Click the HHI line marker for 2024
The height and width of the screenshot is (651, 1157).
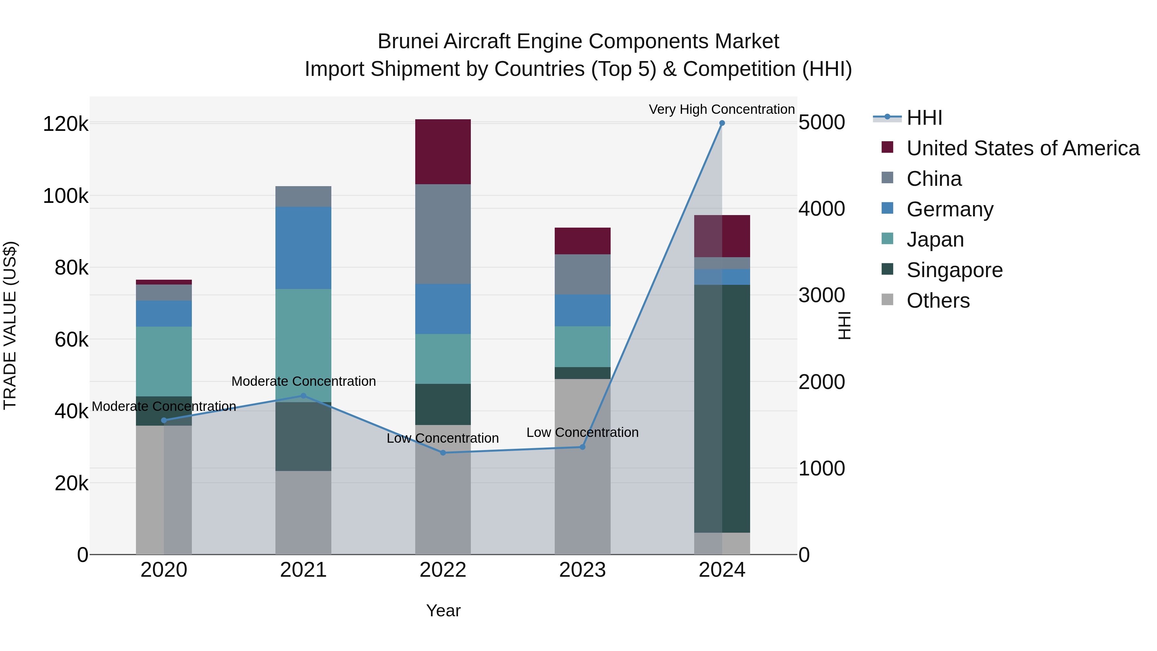tap(722, 123)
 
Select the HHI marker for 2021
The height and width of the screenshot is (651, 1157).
tap(303, 396)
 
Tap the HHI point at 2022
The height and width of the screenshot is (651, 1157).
tap(443, 453)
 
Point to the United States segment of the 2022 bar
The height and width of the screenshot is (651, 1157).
tap(443, 152)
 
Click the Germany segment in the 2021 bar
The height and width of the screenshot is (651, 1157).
tap(303, 248)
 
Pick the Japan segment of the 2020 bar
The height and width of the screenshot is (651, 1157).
tap(164, 361)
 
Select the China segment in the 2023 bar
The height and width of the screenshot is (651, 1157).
tap(583, 275)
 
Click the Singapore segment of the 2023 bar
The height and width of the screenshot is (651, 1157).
tap(583, 373)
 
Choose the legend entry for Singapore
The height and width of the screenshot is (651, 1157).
tap(955, 270)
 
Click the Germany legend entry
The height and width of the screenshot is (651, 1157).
tap(950, 209)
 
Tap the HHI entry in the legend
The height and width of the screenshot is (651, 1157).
tap(924, 118)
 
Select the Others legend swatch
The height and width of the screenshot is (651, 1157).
tap(887, 300)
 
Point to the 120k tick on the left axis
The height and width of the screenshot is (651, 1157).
tap(66, 124)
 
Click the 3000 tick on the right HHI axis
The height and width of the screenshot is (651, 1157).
tap(822, 295)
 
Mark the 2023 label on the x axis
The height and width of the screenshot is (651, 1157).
tap(583, 570)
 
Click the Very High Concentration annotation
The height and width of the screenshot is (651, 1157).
tap(722, 109)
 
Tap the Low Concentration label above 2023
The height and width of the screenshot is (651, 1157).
tap(583, 432)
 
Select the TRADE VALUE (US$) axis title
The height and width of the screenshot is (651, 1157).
tap(10, 325)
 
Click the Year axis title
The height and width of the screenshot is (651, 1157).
tap(443, 610)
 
